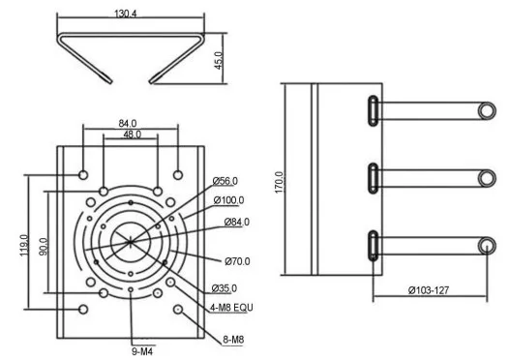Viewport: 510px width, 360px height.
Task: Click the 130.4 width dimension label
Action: [126, 14]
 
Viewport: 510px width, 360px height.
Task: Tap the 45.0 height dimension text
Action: [219, 60]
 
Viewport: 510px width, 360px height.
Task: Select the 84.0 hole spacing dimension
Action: [128, 124]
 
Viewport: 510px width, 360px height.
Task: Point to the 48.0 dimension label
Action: [132, 135]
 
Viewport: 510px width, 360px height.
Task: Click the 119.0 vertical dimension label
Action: [25, 245]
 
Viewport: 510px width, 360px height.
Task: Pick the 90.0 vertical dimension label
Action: [44, 247]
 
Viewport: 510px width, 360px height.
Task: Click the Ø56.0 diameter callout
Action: [225, 181]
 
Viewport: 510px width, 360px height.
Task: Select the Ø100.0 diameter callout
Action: [228, 200]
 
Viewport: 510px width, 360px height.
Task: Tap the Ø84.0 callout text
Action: [237, 222]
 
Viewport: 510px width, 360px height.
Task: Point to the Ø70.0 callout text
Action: [237, 261]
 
